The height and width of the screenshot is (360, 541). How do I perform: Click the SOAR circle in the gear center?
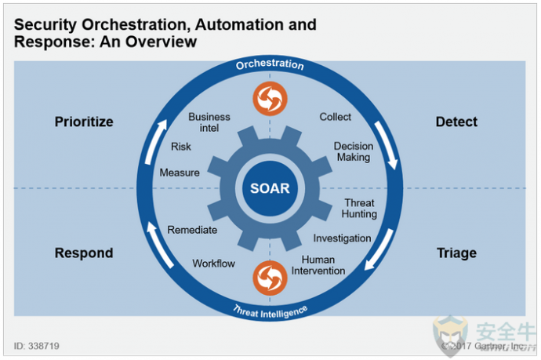pyautogui.click(x=270, y=188)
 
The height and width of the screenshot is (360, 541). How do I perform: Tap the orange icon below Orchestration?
pyautogui.click(x=270, y=99)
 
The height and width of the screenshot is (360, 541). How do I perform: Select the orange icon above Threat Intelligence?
pyautogui.click(x=270, y=278)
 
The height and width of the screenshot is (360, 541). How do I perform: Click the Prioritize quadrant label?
pyautogui.click(x=84, y=122)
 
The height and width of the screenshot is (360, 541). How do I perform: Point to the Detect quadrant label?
pyautogui.click(x=456, y=122)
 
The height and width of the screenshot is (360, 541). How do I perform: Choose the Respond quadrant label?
pyautogui.click(x=84, y=253)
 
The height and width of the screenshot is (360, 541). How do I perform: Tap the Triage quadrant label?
pyautogui.click(x=456, y=253)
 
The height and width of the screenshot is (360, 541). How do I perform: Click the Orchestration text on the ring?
pyautogui.click(x=270, y=64)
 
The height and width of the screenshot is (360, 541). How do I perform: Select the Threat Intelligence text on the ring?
pyautogui.click(x=270, y=312)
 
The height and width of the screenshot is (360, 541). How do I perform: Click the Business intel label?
pyautogui.click(x=209, y=122)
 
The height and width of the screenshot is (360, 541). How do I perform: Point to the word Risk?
pyautogui.click(x=181, y=147)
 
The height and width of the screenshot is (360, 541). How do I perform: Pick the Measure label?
pyautogui.click(x=180, y=173)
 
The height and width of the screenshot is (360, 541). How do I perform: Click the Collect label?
pyautogui.click(x=335, y=117)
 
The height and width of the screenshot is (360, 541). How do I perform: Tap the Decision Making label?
pyautogui.click(x=354, y=151)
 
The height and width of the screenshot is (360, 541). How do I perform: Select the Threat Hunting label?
pyautogui.click(x=359, y=208)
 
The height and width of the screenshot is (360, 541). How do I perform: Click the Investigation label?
pyautogui.click(x=342, y=238)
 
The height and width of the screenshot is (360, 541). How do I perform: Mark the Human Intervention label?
pyautogui.click(x=318, y=265)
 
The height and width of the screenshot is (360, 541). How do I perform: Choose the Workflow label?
pyautogui.click(x=213, y=264)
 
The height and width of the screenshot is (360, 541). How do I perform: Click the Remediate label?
pyautogui.click(x=192, y=230)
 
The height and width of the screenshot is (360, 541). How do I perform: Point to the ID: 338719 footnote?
pyautogui.click(x=37, y=346)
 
